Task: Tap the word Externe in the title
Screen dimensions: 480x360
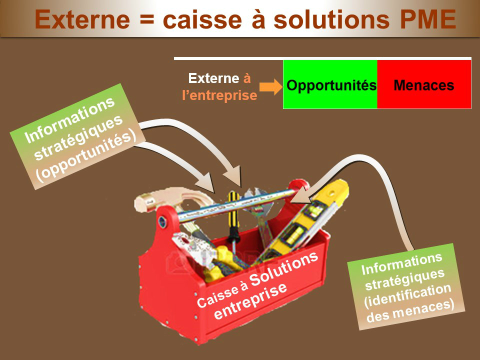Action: pyautogui.click(x=82, y=19)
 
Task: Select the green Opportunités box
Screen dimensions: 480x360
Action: pyautogui.click(x=330, y=84)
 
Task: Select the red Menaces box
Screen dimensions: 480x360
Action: pyautogui.click(x=424, y=84)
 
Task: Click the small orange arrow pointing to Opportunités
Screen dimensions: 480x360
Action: pyautogui.click(x=271, y=86)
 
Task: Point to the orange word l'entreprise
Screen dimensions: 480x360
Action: pyautogui.click(x=219, y=95)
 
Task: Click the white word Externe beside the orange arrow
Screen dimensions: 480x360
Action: pyautogui.click(x=213, y=78)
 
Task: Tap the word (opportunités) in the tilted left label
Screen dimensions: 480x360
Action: pyautogui.click(x=86, y=155)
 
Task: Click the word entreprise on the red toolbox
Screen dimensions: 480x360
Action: pyautogui.click(x=250, y=301)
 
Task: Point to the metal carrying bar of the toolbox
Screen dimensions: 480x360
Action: pyautogui.click(x=237, y=205)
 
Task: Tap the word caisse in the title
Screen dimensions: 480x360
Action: pyautogui.click(x=202, y=19)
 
